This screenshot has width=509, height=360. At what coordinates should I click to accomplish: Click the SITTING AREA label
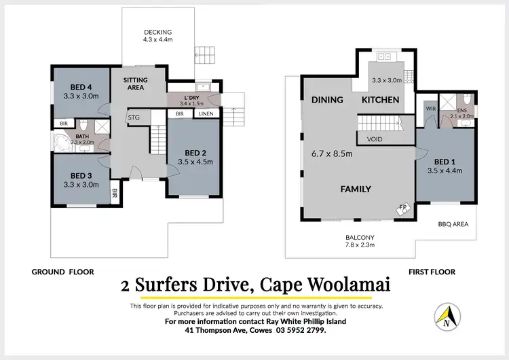click(x=135, y=84)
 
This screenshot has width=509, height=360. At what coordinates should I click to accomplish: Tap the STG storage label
click(x=134, y=118)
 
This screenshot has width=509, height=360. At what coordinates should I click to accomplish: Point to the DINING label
click(x=326, y=100)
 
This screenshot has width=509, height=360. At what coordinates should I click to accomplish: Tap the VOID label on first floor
click(x=374, y=139)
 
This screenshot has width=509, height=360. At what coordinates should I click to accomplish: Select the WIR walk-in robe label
click(x=430, y=108)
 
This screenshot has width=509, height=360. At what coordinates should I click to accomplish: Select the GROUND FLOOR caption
click(x=58, y=272)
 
